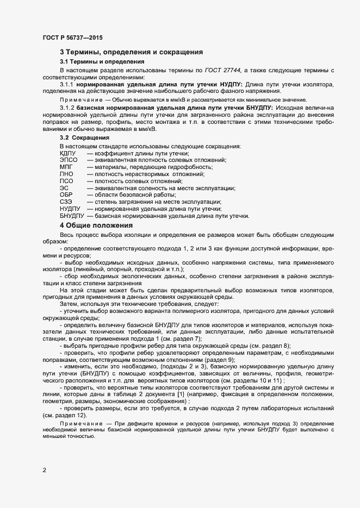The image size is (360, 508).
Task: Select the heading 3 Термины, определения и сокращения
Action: coord(132,52)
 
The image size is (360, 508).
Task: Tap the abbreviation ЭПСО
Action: coord(69,160)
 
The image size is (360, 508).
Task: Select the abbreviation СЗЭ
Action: coord(66,202)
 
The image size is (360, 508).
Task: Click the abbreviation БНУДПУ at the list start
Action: coord(72,216)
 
